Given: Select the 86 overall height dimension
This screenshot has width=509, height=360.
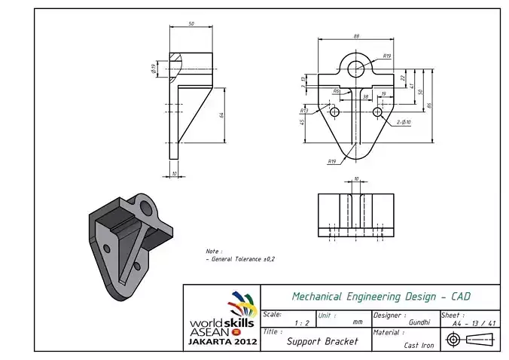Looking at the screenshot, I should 428,105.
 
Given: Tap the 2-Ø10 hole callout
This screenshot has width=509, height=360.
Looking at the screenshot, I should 403,121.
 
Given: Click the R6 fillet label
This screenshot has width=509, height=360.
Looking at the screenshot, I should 337,91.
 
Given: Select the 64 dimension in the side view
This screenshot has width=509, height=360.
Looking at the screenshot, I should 221,114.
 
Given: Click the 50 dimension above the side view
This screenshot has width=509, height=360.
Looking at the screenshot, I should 191,24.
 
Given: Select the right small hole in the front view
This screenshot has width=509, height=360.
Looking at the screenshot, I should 377,111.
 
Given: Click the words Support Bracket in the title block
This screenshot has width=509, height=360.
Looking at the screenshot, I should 322,341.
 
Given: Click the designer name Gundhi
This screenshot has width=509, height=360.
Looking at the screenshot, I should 419,322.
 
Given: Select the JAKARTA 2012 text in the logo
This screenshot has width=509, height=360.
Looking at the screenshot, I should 222,342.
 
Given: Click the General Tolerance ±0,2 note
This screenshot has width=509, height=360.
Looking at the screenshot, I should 241,258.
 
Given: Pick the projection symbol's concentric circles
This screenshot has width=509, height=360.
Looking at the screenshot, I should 453,340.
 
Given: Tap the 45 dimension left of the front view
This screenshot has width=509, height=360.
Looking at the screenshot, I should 302,122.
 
